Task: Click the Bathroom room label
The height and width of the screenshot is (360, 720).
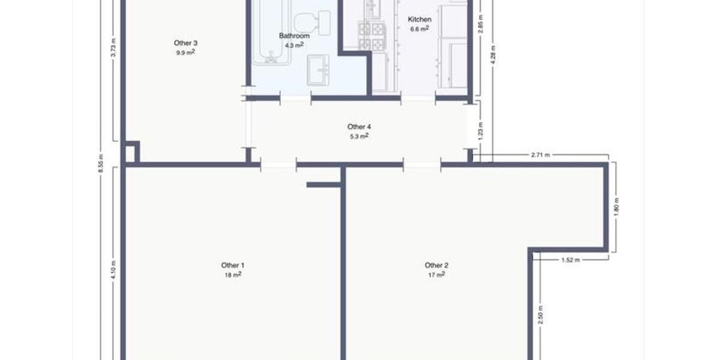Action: (x=294, y=36)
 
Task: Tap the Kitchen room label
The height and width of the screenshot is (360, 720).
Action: (x=419, y=19)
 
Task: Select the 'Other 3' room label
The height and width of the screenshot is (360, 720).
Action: (x=185, y=43)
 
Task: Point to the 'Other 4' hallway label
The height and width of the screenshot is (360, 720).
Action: (x=359, y=127)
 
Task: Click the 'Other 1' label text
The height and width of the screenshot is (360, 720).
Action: (x=233, y=265)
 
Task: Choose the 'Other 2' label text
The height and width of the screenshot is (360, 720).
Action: (x=436, y=265)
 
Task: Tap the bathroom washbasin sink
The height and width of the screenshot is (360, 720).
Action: (x=318, y=70)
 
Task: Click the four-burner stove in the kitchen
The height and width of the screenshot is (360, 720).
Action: (x=371, y=36)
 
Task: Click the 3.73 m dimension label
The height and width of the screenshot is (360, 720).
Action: (x=113, y=48)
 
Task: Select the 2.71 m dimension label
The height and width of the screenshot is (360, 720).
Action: (x=541, y=155)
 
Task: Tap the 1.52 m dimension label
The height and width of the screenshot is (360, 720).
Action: (x=570, y=260)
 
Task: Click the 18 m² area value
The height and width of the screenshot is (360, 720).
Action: (x=233, y=275)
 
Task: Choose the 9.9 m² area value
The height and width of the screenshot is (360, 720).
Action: (x=185, y=53)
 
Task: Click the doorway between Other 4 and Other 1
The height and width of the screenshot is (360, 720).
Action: (x=278, y=164)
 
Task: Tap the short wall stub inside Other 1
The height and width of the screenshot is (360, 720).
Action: (x=323, y=185)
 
